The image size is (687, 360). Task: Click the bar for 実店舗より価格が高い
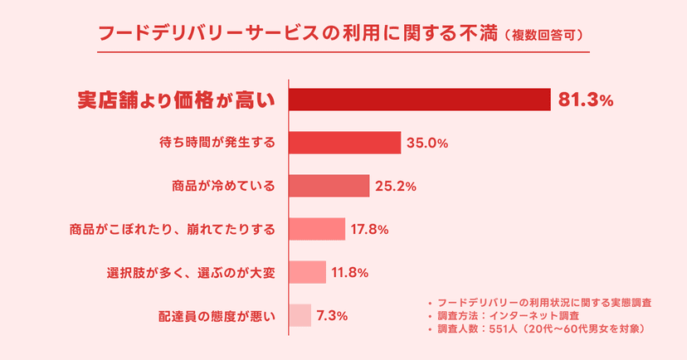click(x=419, y=100)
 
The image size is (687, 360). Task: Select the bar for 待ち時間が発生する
click(x=344, y=143)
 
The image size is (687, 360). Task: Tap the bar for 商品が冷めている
click(x=329, y=186)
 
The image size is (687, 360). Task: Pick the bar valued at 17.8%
click(x=316, y=228)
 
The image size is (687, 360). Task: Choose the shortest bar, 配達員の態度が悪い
click(x=300, y=315)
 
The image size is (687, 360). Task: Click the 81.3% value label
click(x=586, y=100)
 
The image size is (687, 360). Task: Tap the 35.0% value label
click(x=427, y=144)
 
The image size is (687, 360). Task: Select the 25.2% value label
click(x=396, y=187)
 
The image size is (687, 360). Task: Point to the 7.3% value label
click(x=332, y=316)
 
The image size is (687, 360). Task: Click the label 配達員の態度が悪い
click(x=217, y=316)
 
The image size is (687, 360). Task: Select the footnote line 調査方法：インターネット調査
click(x=513, y=316)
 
